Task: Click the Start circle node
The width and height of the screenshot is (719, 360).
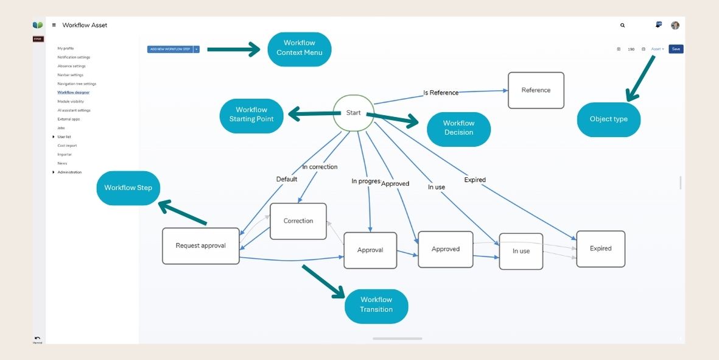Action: [x=353, y=113]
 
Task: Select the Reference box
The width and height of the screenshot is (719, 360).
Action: [x=536, y=90]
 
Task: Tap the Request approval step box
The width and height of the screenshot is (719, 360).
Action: [x=200, y=246]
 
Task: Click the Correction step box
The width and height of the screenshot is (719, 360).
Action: [x=298, y=221]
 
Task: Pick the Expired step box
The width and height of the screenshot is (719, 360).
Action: [x=600, y=249]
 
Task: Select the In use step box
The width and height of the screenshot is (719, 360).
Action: [x=521, y=251]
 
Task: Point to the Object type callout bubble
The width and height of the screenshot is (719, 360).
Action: [x=608, y=119]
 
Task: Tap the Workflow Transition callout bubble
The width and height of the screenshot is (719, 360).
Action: [x=376, y=305]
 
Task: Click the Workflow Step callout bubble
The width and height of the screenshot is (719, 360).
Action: [x=128, y=188]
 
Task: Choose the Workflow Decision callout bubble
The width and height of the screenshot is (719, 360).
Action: [x=458, y=129]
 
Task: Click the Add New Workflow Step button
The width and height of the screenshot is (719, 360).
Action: [x=170, y=49]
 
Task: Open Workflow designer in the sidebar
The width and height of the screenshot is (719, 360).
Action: [x=73, y=93]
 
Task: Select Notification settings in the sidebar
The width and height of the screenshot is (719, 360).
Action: [x=74, y=57]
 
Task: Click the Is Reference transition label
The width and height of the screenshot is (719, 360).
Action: [x=441, y=93]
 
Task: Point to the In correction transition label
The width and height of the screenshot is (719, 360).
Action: [x=320, y=166]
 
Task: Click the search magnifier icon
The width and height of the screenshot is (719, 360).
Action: [x=622, y=26]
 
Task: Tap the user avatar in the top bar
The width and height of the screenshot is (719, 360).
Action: [x=675, y=26]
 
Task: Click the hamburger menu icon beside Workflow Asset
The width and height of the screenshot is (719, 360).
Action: [x=54, y=26]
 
